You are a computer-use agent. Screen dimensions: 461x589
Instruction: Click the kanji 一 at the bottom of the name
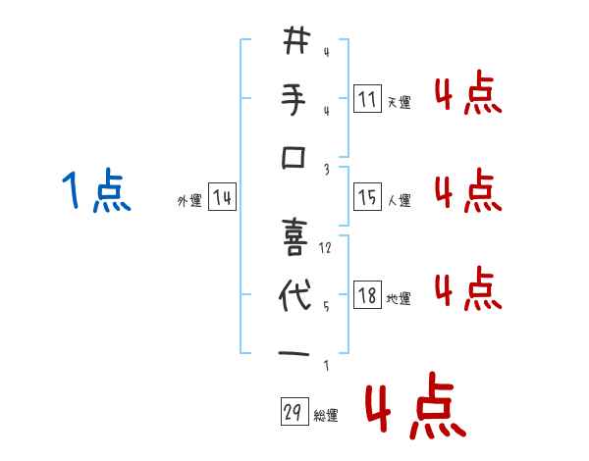click(x=294, y=353)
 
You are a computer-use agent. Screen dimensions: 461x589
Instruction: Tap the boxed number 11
click(x=367, y=99)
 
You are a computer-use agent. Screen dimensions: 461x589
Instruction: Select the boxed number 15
click(x=367, y=198)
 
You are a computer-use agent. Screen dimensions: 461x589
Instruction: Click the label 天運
click(x=399, y=102)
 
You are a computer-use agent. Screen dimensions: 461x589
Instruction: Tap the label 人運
click(x=399, y=201)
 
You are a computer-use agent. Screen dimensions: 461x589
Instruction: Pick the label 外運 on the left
click(x=189, y=201)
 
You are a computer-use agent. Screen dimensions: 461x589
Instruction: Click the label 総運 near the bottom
click(x=325, y=416)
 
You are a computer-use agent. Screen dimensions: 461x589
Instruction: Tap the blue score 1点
click(x=96, y=190)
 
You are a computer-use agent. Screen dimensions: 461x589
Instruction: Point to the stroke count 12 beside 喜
click(x=326, y=248)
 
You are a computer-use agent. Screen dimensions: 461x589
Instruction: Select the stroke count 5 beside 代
click(x=326, y=306)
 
